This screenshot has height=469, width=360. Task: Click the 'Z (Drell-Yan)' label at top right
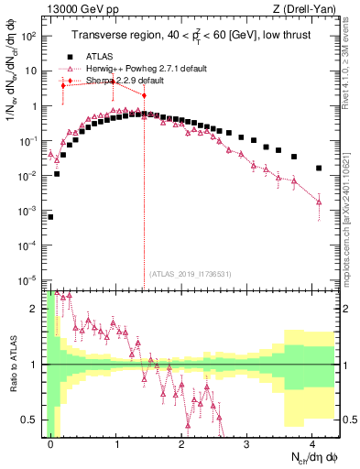point(295,8)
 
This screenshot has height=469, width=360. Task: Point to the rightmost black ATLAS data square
point(318,169)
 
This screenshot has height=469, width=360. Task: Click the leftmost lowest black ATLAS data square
point(50,217)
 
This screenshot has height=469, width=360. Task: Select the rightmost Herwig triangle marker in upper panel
point(318,202)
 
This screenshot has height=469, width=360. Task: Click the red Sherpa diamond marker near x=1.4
point(144,94)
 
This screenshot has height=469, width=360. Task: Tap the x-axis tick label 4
point(312,442)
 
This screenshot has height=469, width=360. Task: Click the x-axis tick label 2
point(182,442)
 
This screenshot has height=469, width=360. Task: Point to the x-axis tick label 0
point(51,442)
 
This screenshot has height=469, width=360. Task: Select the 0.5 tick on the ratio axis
point(35,420)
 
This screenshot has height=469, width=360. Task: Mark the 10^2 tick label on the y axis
point(29,36)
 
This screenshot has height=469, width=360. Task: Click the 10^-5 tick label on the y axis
point(29,280)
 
